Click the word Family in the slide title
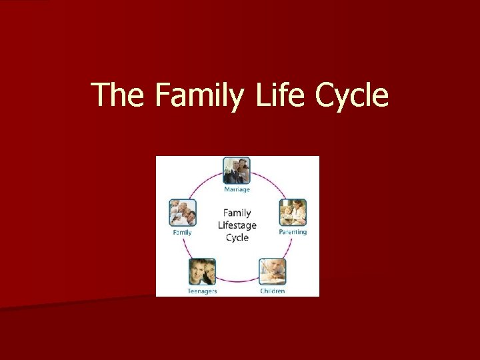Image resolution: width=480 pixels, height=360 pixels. pos(202,95)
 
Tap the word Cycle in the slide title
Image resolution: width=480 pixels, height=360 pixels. pos(351,95)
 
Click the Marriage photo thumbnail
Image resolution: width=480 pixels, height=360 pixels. pos(237,171)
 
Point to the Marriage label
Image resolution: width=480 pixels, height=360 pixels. pos(237,189)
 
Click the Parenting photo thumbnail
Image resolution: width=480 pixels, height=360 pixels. pos(293,212)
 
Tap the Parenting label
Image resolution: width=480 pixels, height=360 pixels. pos(293,232)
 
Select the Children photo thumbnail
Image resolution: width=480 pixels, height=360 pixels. pos(273,271)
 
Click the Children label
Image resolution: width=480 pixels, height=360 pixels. pos(273,291)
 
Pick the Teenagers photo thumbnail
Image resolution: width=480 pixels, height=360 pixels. pos(202,271)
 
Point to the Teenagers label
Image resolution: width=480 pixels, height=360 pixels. pos(202,291)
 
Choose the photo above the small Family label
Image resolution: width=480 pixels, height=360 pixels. pos(183,213)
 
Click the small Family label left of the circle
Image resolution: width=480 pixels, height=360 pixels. pos(183,233)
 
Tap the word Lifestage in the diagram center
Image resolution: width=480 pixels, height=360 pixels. pos(237,225)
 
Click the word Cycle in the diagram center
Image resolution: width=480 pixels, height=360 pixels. pos(237,237)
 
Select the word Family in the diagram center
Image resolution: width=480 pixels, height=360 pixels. pos(237,213)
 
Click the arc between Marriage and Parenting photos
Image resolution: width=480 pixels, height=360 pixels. pos(269,181)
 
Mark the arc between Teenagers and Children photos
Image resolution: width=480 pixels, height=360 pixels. pos(237,280)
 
